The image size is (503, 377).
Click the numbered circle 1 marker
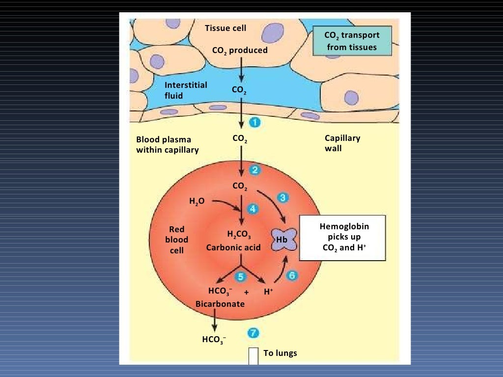click(254, 122)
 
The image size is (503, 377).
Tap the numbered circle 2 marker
click(254, 170)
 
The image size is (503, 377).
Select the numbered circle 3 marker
click(283, 197)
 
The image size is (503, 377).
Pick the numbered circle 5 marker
click(240, 277)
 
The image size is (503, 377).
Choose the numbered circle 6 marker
click(292, 275)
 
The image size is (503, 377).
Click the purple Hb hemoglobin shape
click(283, 240)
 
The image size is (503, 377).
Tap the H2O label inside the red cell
click(196, 201)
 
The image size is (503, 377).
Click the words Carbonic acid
click(233, 247)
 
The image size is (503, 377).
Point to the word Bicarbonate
click(220, 304)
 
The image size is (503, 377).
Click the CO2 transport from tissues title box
click(352, 41)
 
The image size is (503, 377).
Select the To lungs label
click(280, 353)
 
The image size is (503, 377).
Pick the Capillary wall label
click(342, 143)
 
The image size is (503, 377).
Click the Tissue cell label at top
click(225, 28)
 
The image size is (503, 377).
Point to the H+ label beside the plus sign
click(268, 292)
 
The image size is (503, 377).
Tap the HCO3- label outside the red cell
click(214, 339)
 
